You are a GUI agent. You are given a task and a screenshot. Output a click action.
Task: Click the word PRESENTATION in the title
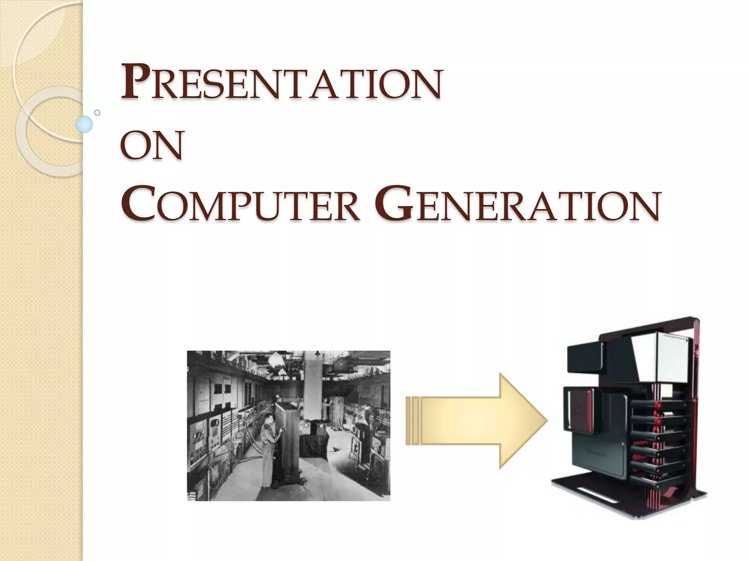click(281, 82)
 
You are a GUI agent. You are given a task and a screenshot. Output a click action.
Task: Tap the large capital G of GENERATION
click(394, 204)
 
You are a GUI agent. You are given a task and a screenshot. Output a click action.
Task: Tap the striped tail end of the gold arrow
click(413, 421)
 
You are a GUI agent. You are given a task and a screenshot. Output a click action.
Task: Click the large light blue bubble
click(84, 124)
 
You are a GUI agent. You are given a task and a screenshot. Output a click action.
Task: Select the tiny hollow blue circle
click(97, 112)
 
